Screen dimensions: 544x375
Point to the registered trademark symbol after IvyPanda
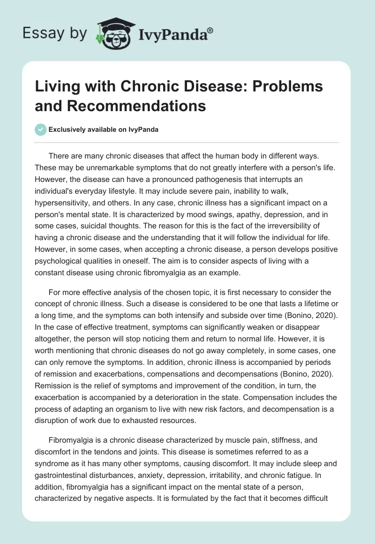(210, 30)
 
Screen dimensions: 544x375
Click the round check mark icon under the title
(40, 129)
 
